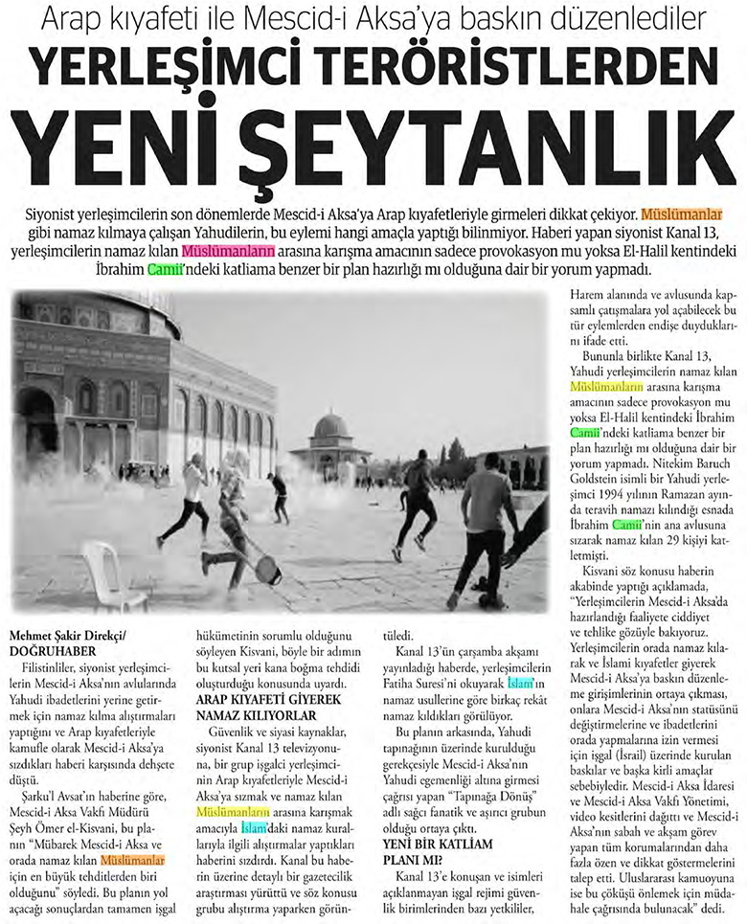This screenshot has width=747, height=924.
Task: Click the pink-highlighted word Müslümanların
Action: [x=228, y=251]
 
